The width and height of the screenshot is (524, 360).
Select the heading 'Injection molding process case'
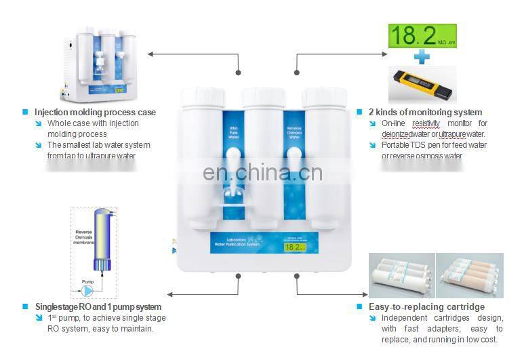95,112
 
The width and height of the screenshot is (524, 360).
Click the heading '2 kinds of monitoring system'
425,112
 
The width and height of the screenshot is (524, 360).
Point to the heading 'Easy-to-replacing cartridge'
426,306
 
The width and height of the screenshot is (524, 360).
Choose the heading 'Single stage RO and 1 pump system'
98,306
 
